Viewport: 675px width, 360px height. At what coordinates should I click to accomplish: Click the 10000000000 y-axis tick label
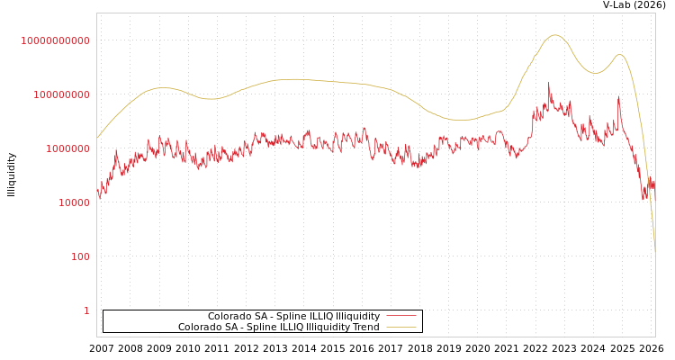pyautogui.click(x=56, y=40)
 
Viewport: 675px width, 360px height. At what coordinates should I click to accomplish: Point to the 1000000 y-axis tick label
pyautogui.click(x=67, y=148)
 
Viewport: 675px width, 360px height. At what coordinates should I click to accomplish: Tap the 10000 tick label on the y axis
pyautogui.click(x=74, y=202)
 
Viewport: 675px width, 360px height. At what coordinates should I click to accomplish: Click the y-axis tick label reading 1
pyautogui.click(x=86, y=310)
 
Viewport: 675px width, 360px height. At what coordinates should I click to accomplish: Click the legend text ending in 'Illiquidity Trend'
pyautogui.click(x=278, y=328)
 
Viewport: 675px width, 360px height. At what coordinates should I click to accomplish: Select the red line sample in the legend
pyautogui.click(x=401, y=316)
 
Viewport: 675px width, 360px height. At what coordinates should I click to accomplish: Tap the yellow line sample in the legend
pyautogui.click(x=401, y=328)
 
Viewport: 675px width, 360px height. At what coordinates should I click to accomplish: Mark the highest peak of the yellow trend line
pyautogui.click(x=554, y=35)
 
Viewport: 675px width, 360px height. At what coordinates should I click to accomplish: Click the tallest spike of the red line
pyautogui.click(x=549, y=84)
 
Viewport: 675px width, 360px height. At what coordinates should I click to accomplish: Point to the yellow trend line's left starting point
pyautogui.click(x=97, y=138)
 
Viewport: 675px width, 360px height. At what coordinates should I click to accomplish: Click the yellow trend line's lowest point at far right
pyautogui.click(x=654, y=252)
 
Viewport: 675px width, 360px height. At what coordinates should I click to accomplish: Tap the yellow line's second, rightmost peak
pyautogui.click(x=619, y=55)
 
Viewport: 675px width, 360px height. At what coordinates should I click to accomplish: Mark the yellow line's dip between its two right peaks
pyautogui.click(x=594, y=73)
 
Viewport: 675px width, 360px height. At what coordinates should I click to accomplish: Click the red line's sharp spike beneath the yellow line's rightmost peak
pyautogui.click(x=618, y=97)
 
